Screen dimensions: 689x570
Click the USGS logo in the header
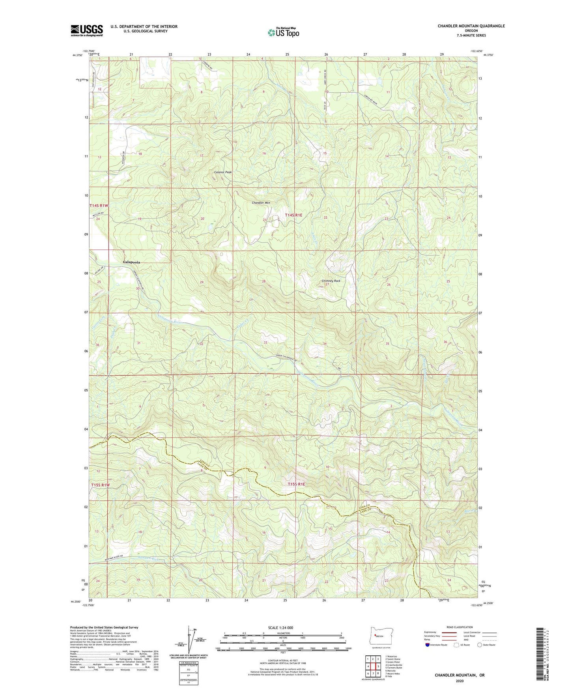(87, 30)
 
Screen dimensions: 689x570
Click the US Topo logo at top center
(283, 32)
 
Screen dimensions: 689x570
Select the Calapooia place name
(131, 262)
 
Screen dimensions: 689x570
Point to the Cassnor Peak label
(223, 172)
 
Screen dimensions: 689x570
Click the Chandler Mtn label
(261, 203)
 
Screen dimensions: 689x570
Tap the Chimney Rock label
(331, 281)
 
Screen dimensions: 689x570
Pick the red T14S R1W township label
(99, 206)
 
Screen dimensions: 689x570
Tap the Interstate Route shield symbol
(428, 645)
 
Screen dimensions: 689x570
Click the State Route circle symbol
(479, 645)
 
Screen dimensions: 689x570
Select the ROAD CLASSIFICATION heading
(459, 627)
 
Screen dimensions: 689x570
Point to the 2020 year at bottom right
(460, 681)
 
